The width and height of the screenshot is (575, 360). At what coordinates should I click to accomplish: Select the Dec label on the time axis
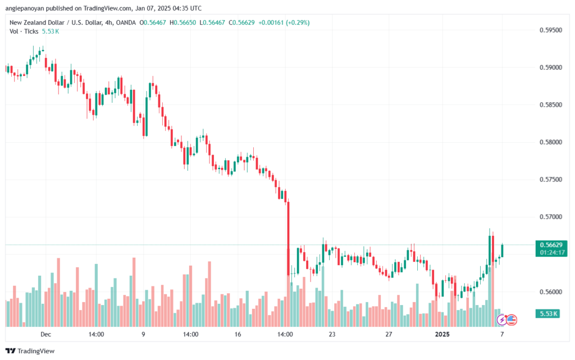[46, 334]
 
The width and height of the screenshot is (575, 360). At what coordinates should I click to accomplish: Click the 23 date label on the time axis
[332, 334]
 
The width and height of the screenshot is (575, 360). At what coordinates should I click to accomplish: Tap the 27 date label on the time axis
[388, 334]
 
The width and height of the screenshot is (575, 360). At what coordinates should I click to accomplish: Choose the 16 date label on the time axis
[238, 334]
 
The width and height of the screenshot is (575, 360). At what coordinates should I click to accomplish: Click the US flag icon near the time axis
[511, 320]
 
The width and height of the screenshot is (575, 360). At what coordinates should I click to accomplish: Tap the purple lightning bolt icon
[501, 320]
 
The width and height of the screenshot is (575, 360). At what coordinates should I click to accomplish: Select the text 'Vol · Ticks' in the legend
[23, 31]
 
